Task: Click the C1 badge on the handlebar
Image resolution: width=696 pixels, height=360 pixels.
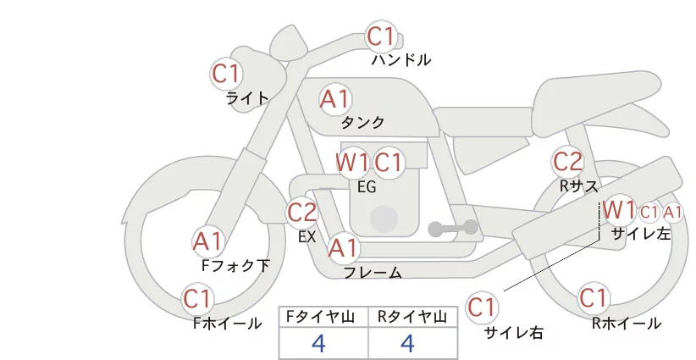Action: pyautogui.click(x=381, y=36)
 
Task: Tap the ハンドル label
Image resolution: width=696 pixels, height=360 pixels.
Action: pyautogui.click(x=400, y=60)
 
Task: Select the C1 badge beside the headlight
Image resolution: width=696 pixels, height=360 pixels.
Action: pyautogui.click(x=226, y=74)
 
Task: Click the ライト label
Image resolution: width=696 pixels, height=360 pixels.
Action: pyautogui.click(x=247, y=98)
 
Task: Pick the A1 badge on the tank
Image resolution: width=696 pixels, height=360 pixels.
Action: pyautogui.click(x=334, y=99)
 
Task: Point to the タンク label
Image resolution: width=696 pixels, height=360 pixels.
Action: pyautogui.click(x=362, y=122)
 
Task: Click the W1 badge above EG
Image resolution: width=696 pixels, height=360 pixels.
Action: pyautogui.click(x=351, y=162)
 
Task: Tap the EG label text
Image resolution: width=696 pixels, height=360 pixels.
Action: pyautogui.click(x=367, y=187)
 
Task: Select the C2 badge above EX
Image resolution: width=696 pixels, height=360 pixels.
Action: pyautogui.click(x=301, y=212)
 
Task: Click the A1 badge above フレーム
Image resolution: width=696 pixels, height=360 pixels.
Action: pyautogui.click(x=343, y=247)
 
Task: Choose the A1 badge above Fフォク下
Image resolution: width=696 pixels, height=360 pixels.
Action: pyautogui.click(x=207, y=241)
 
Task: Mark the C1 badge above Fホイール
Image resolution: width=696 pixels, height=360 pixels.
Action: pyautogui.click(x=197, y=298)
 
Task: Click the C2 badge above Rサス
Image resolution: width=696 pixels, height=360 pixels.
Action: pyautogui.click(x=567, y=162)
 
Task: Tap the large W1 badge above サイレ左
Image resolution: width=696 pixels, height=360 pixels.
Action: pyautogui.click(x=619, y=209)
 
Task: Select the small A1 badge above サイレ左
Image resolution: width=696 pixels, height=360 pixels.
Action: pyautogui.click(x=672, y=213)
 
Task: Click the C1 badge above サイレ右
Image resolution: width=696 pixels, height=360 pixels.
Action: pyautogui.click(x=482, y=307)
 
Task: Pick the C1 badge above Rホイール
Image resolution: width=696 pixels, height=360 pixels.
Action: pyautogui.click(x=593, y=298)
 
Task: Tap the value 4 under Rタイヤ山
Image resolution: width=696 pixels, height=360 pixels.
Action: pyautogui.click(x=407, y=343)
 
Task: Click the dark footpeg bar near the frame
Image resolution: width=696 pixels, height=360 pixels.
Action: pyautogui.click(x=453, y=228)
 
